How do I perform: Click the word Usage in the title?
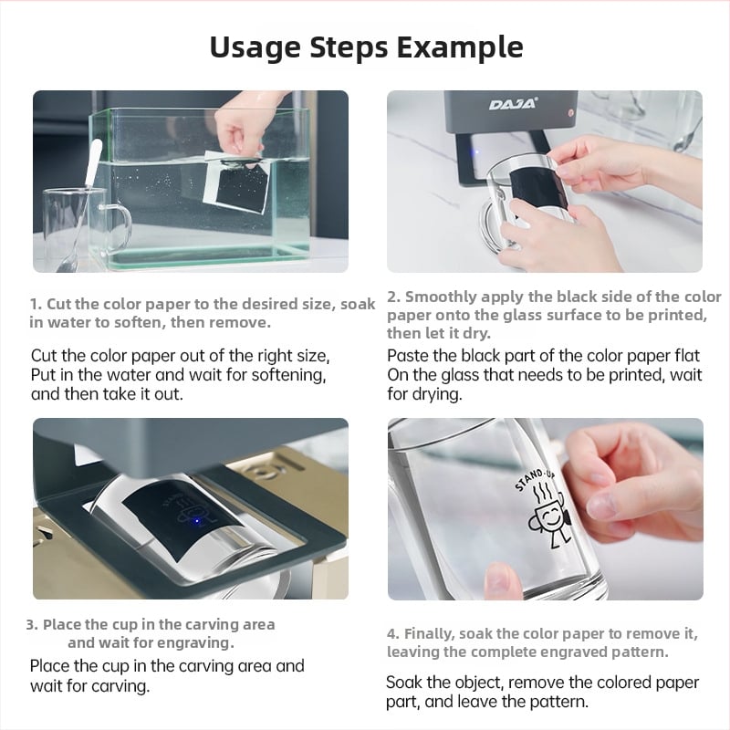coord(255,48)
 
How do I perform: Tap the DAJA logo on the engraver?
coord(513,104)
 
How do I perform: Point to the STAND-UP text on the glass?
coord(535,481)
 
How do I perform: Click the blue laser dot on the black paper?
coord(196,520)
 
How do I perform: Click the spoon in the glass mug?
coord(80,204)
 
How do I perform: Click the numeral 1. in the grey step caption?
coord(36,304)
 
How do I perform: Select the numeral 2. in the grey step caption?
coord(394,297)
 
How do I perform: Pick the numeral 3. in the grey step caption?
coord(32,624)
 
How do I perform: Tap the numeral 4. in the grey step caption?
coord(393,633)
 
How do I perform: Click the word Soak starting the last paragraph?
coord(404,683)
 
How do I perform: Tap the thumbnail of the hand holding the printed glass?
coord(545,509)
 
